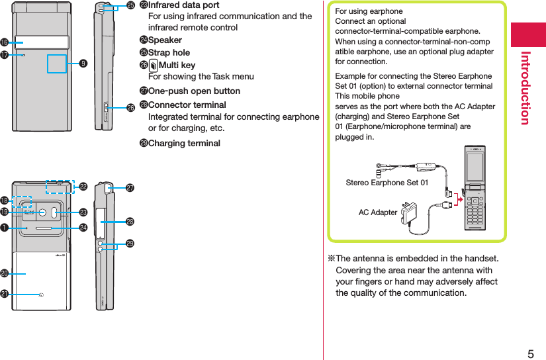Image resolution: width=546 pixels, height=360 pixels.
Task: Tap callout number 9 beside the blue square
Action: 83,64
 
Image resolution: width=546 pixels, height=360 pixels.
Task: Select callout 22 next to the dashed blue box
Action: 83,187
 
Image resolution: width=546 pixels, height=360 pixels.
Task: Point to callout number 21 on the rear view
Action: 5,293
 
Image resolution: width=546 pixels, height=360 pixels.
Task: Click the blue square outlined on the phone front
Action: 57,64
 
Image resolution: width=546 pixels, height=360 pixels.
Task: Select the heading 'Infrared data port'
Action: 183,5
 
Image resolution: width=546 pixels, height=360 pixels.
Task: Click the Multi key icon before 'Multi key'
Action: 154,65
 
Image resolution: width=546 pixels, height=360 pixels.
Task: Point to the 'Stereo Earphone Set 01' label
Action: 387,182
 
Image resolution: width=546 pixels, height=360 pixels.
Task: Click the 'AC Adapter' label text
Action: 378,212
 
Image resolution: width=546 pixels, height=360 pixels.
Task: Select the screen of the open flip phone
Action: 475,171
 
